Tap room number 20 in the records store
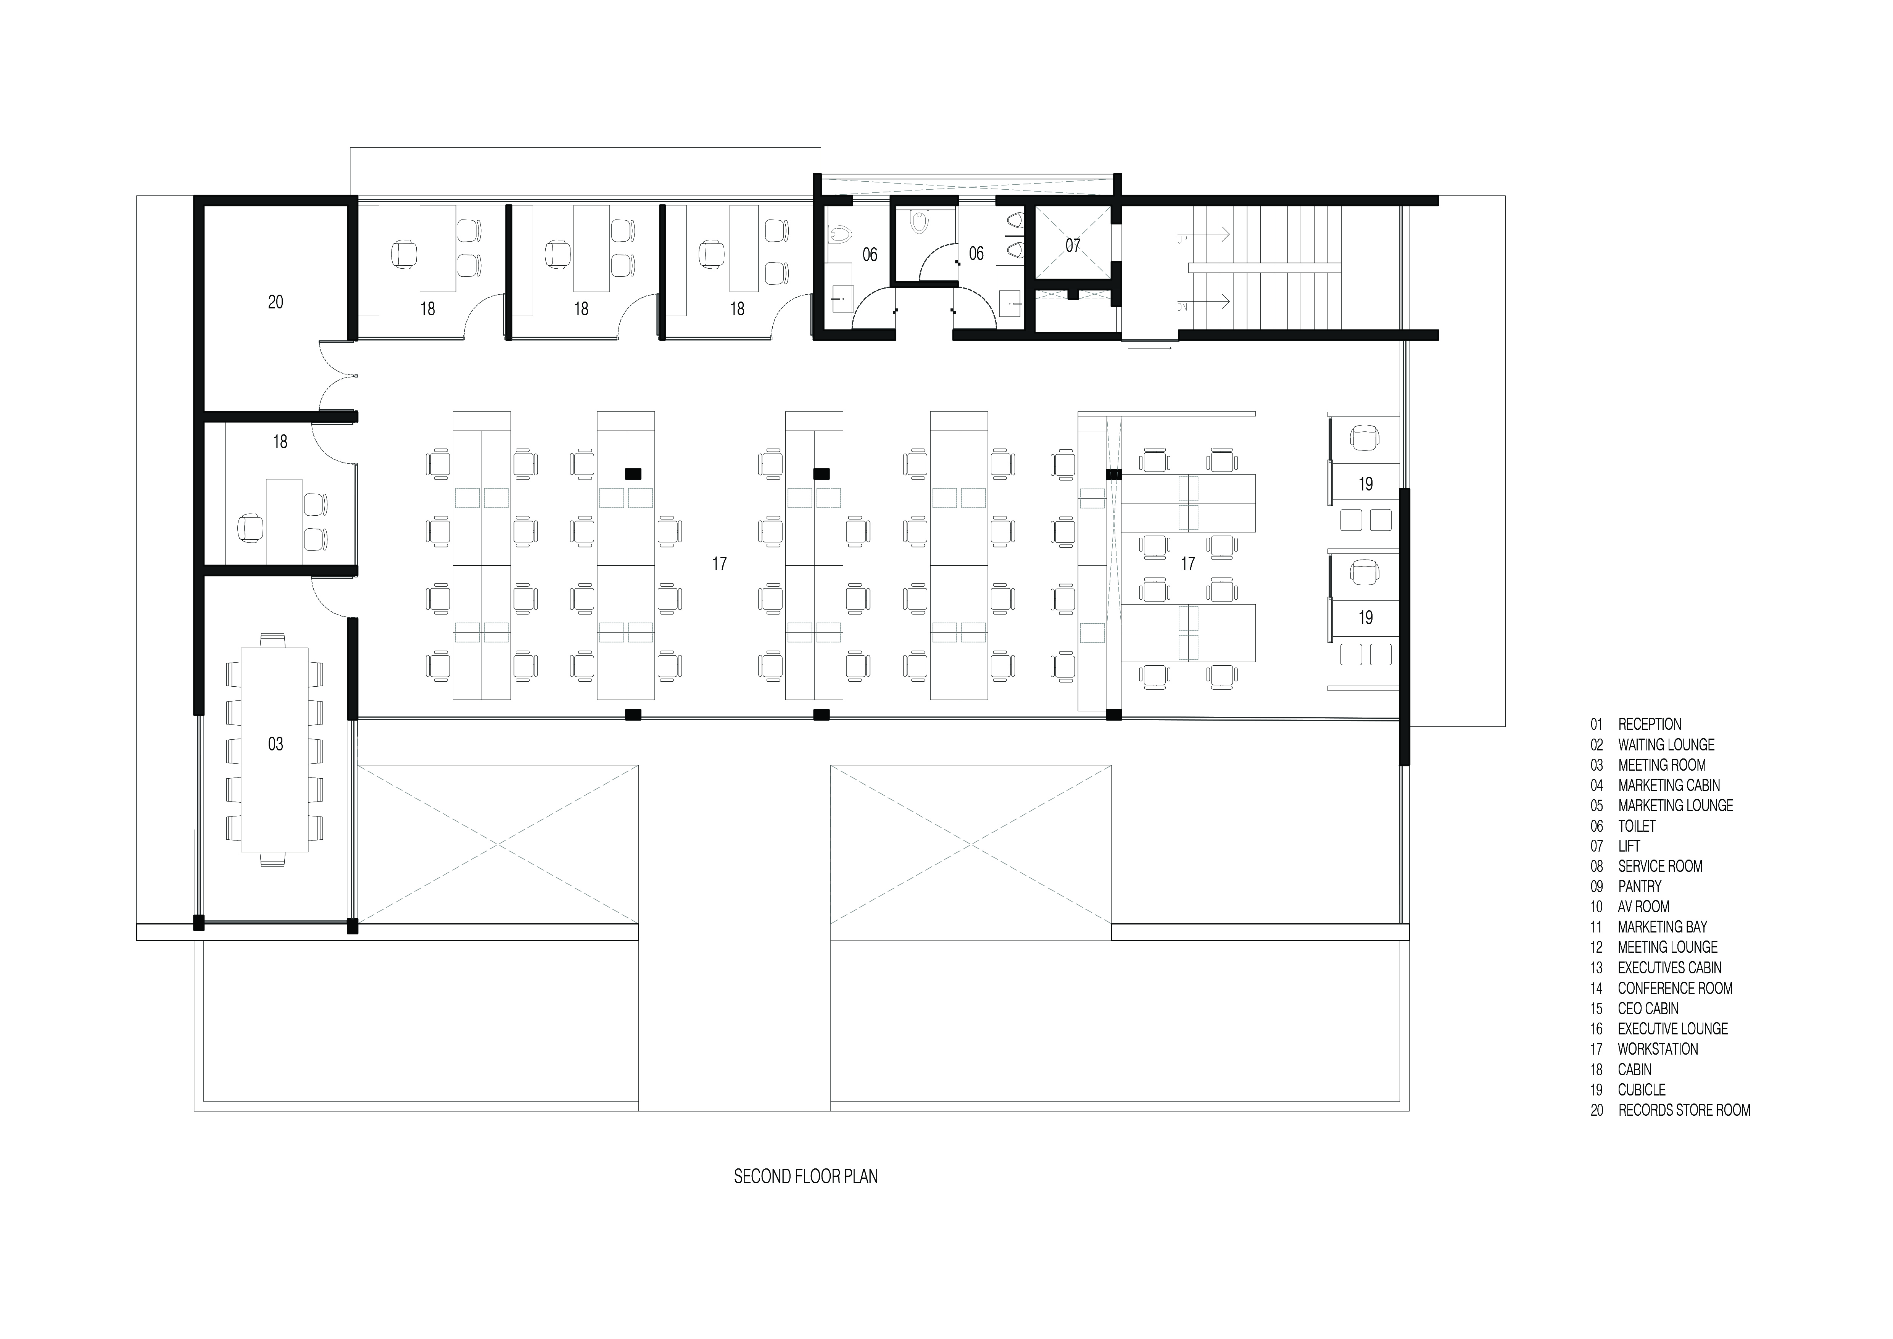(x=275, y=303)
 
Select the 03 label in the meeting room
(x=275, y=745)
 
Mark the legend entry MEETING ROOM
(x=1661, y=765)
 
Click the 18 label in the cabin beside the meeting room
(x=280, y=442)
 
